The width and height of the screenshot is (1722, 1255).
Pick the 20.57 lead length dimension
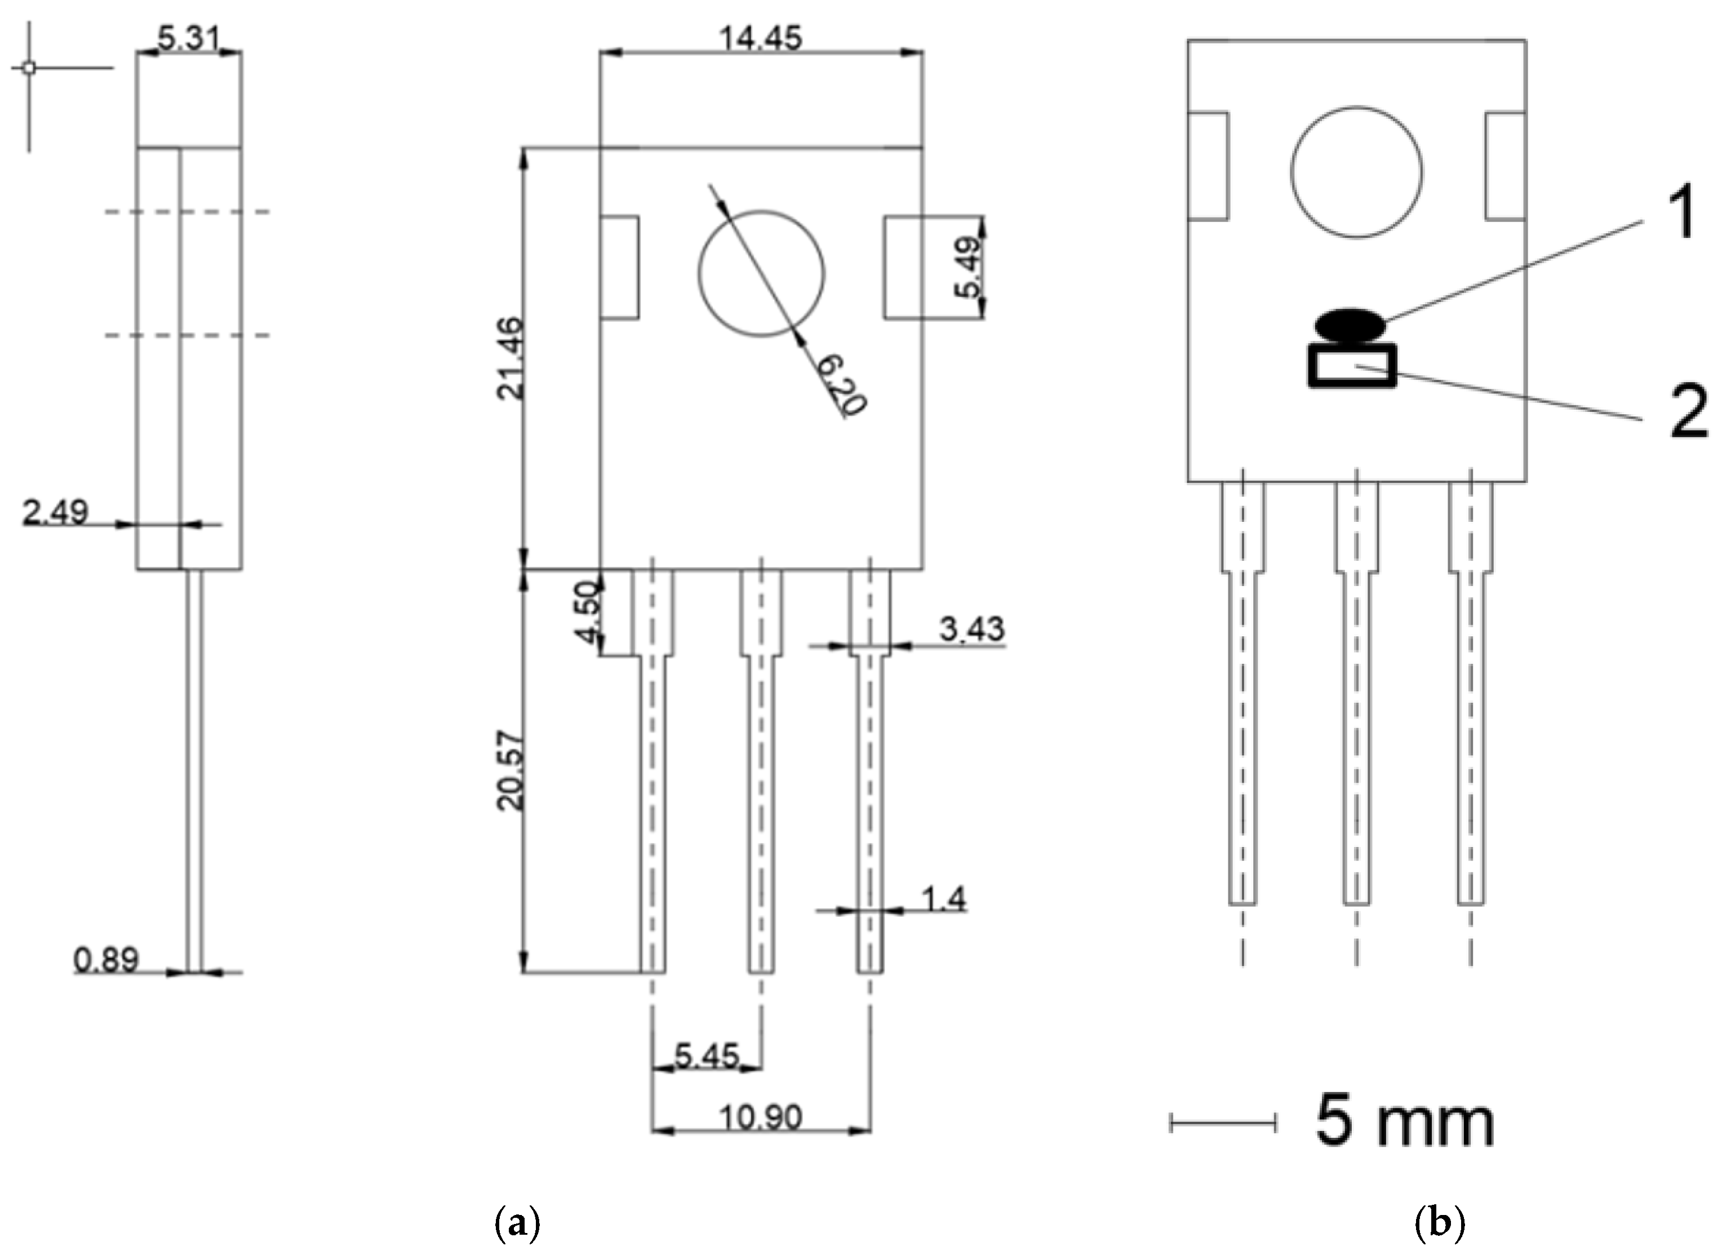click(x=510, y=770)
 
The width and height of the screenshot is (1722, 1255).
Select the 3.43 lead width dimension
click(x=971, y=629)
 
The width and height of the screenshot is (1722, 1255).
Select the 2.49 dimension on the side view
click(x=55, y=512)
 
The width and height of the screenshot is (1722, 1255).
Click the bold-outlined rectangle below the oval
click(x=1351, y=366)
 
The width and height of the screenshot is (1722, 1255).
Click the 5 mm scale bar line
click(x=1222, y=1123)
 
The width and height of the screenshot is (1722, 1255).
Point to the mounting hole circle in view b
click(x=1356, y=172)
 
